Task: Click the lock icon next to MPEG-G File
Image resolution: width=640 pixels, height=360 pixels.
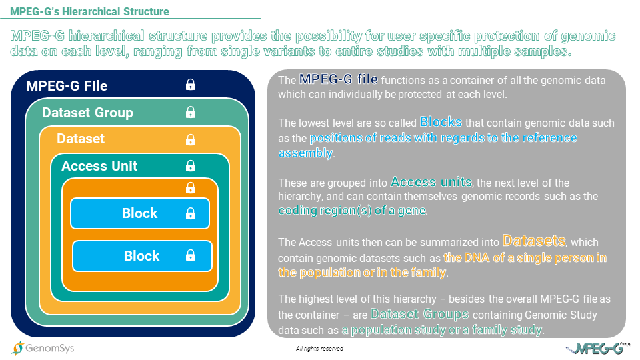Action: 191,85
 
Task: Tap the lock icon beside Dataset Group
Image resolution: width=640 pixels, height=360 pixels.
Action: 191,112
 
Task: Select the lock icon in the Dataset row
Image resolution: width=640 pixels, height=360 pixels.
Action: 191,139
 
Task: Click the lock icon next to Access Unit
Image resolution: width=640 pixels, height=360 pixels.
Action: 191,166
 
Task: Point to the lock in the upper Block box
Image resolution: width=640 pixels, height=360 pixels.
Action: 191,213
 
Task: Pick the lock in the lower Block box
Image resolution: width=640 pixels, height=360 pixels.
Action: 191,255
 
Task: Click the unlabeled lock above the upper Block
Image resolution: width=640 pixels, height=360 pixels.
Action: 191,188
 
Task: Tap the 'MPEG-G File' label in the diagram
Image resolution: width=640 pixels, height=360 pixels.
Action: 67,86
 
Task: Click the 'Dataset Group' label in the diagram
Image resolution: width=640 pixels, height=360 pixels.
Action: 87,113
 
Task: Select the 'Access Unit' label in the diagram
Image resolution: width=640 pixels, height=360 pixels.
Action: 99,166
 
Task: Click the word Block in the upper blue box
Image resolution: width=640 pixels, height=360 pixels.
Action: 139,213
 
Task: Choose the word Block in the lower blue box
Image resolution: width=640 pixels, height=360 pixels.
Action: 141,255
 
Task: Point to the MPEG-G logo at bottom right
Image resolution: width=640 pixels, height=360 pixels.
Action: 597,348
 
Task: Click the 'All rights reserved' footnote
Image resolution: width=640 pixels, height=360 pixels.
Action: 319,349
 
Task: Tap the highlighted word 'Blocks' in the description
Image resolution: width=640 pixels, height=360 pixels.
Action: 441,122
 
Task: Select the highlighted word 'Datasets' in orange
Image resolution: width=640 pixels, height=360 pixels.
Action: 534,241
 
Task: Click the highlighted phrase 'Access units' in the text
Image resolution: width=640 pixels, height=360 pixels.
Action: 431,181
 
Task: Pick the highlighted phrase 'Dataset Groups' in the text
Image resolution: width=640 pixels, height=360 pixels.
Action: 419,314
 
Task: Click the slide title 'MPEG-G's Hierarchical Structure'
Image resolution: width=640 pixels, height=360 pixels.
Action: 89,11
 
